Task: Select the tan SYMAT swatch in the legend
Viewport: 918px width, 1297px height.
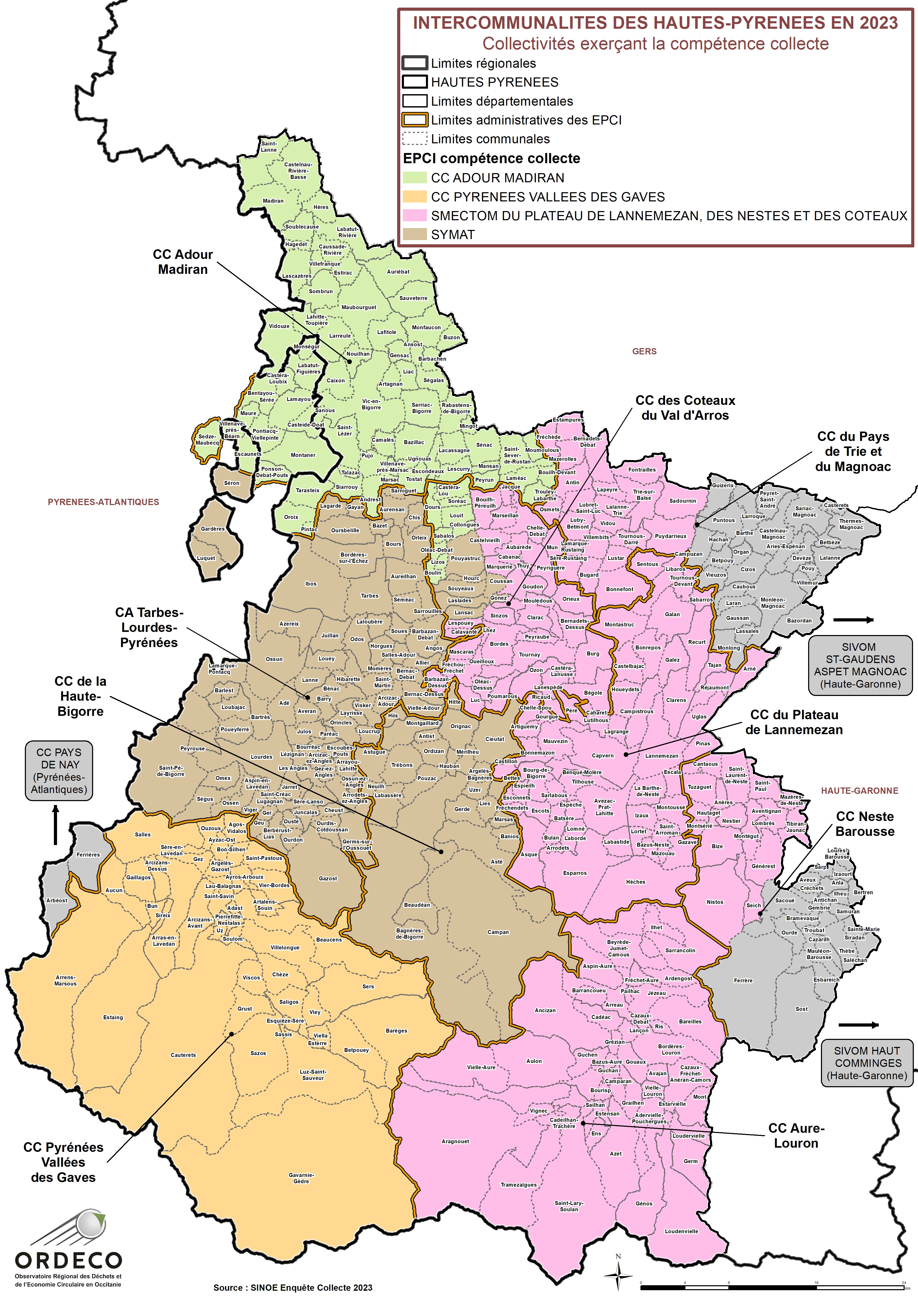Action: (414, 235)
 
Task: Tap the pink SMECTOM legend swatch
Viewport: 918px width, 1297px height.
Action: (414, 215)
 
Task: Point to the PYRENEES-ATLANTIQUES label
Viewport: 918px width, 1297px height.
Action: (103, 502)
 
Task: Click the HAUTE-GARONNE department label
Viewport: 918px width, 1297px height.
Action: (859, 791)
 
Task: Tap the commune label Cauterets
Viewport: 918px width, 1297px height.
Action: (183, 1055)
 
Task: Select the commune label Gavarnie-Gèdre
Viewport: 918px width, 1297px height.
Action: (301, 1178)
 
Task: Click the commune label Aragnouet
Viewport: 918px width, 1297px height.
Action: (455, 1142)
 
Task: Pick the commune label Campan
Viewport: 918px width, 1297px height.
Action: (498, 932)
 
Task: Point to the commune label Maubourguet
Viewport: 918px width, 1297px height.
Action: (358, 307)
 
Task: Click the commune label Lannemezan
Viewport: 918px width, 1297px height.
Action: (661, 756)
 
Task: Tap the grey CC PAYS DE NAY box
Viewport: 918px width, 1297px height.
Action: (59, 771)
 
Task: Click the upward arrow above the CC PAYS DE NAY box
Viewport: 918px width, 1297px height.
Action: (55, 825)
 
